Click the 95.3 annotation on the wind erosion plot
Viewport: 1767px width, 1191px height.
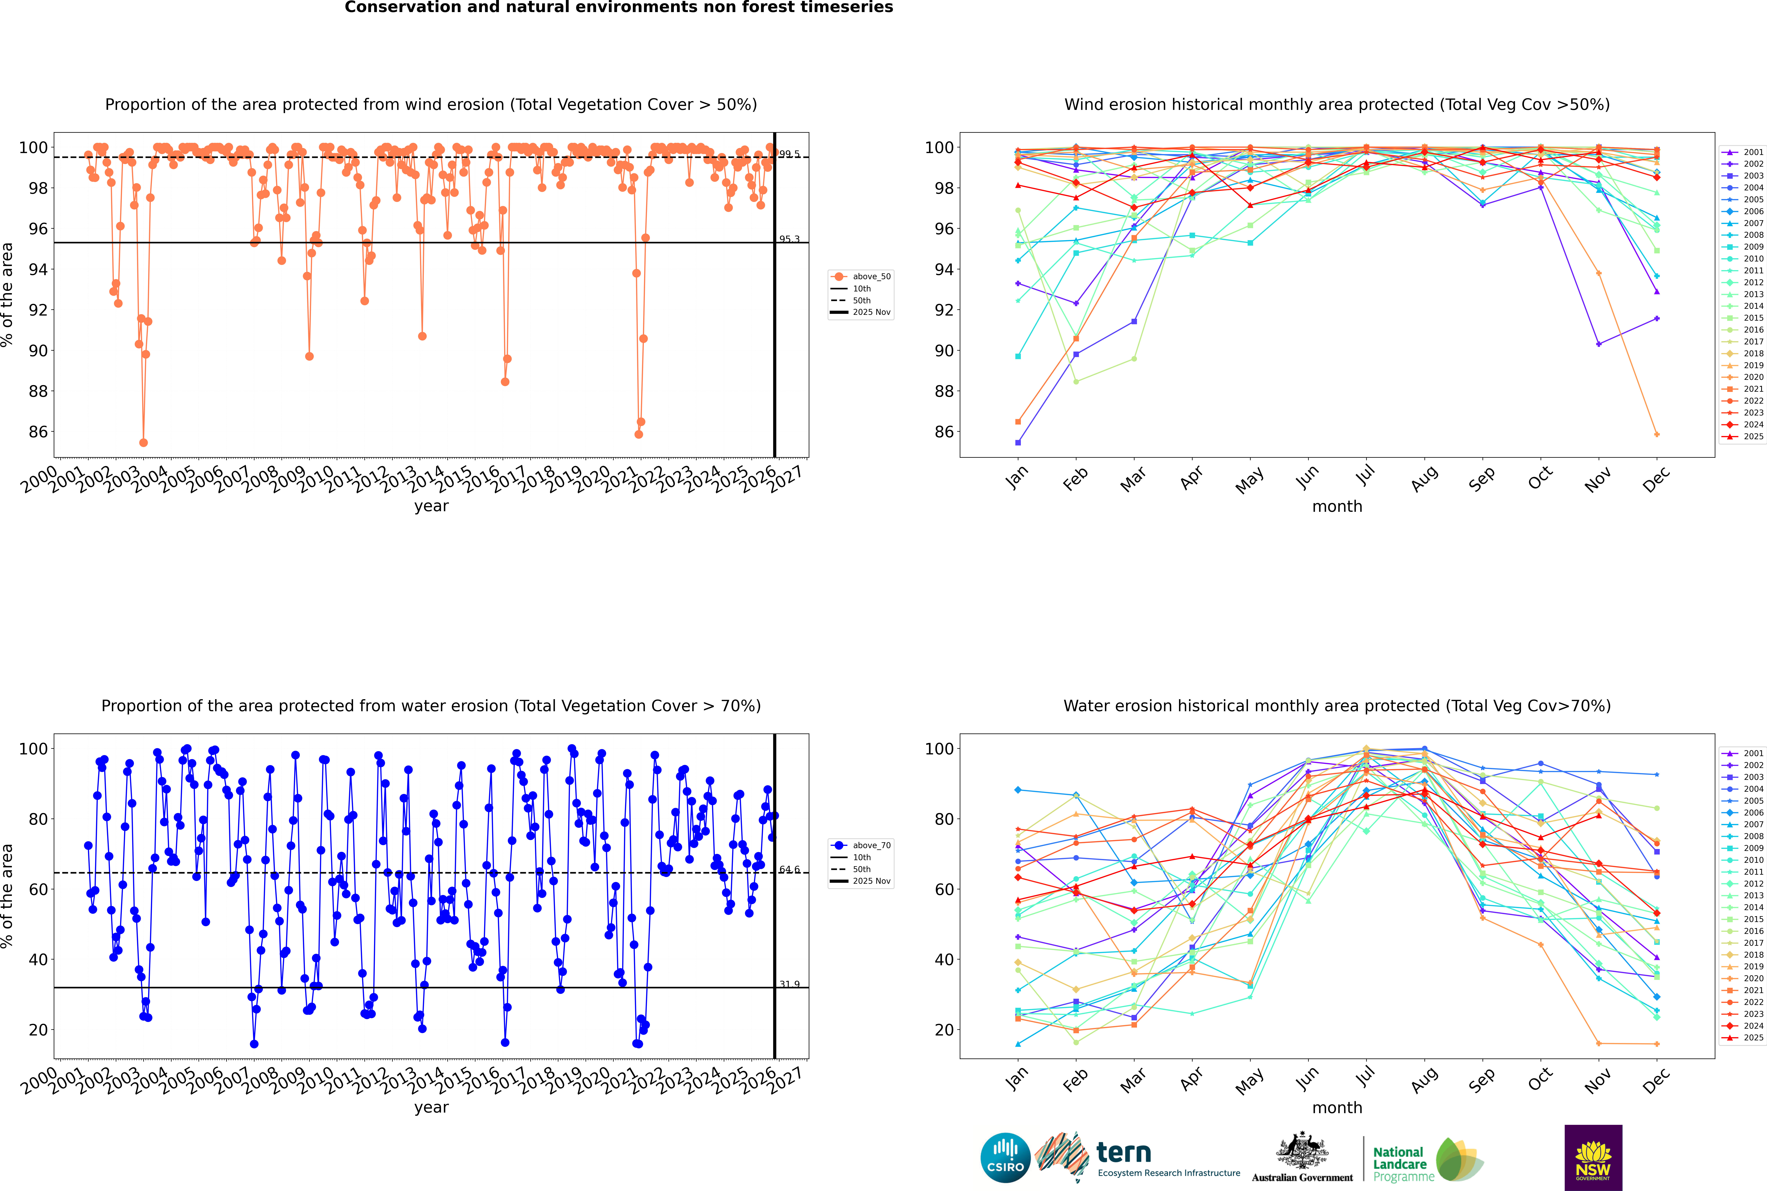[789, 239]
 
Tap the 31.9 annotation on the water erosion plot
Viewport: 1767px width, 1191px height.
[789, 984]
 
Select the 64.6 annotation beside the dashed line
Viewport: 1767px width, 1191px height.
[789, 870]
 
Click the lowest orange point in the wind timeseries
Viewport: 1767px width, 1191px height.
[144, 443]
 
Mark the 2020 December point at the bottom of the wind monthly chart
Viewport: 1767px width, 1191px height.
[1657, 435]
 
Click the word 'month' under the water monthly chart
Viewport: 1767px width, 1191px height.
[1337, 1107]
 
